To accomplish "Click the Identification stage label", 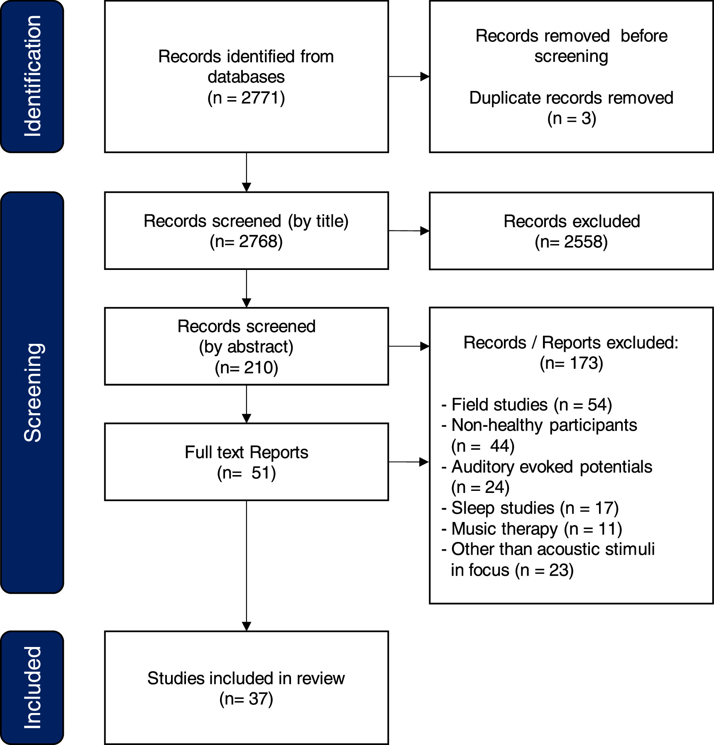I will tap(32, 76).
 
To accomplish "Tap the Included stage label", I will tap(32, 688).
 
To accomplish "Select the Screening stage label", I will tap(32, 392).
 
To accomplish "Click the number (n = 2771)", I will tap(246, 98).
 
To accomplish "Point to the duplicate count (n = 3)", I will tap(571, 119).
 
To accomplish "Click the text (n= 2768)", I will tap(246, 242).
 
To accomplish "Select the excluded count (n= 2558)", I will tap(571, 242).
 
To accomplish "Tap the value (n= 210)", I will tap(246, 368).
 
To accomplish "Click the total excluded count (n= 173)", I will tap(571, 363).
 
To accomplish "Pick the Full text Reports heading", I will tap(246, 452).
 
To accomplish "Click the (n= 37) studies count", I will tap(246, 699).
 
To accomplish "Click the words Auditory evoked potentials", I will tap(551, 467).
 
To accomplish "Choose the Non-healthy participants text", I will tap(544, 425).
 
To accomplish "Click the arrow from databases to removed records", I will tap(409, 76).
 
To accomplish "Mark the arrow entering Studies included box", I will tap(247, 625).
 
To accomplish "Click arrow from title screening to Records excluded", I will tap(409, 230).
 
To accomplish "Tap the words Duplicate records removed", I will tap(571, 98).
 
